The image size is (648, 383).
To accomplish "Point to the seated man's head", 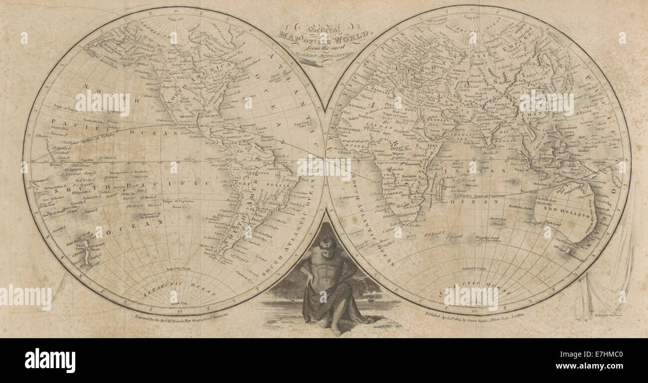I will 328,245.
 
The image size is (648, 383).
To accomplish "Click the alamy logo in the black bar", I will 50,360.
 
